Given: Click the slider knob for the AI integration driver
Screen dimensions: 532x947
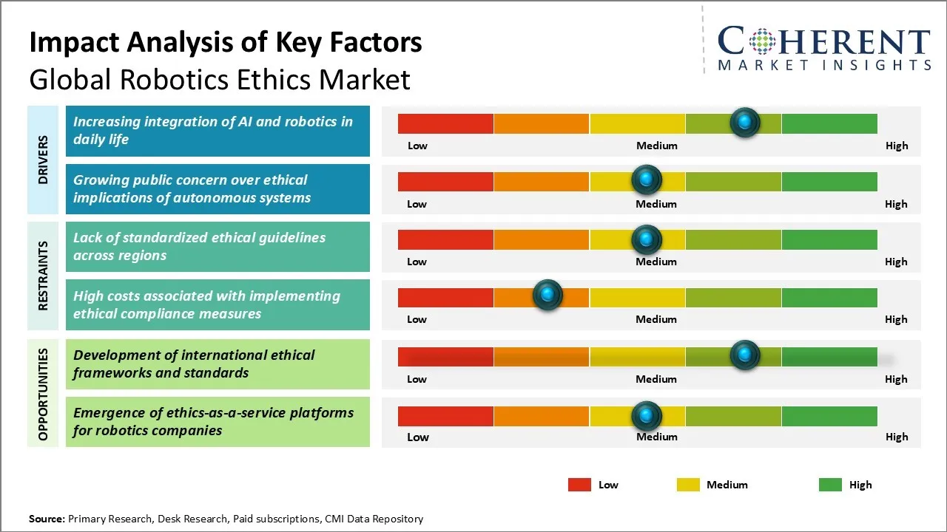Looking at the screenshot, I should pyautogui.click(x=745, y=123).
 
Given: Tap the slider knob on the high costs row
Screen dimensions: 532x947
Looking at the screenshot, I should pyautogui.click(x=547, y=296).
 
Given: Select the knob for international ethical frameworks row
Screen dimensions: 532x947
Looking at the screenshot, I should pyautogui.click(x=745, y=355).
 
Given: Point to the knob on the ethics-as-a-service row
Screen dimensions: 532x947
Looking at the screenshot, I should pyautogui.click(x=647, y=416).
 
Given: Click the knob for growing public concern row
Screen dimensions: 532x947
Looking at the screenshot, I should pyautogui.click(x=647, y=180).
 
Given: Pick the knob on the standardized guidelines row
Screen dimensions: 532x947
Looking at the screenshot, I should pyautogui.click(x=647, y=239).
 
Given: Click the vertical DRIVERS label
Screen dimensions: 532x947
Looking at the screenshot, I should pyautogui.click(x=43, y=160).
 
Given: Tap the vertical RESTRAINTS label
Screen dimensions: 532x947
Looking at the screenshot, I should pyautogui.click(x=43, y=276).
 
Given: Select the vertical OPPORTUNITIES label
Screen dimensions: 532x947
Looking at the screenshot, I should pyautogui.click(x=43, y=394).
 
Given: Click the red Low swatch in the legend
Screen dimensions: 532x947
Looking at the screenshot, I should pyautogui.click(x=579, y=485).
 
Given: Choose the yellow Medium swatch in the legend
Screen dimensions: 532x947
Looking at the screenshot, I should pyautogui.click(x=688, y=485).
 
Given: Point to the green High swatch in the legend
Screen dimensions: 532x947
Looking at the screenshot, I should pyautogui.click(x=830, y=485).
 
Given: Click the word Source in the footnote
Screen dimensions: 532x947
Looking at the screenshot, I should pyautogui.click(x=47, y=519).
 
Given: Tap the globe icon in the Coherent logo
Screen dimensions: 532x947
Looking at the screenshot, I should pyautogui.click(x=761, y=41).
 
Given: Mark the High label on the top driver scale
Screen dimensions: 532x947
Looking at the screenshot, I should pyautogui.click(x=897, y=146).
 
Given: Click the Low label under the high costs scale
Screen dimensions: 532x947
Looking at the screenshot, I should pyautogui.click(x=417, y=319).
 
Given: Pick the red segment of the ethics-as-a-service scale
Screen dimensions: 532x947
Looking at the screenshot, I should pyautogui.click(x=445, y=416).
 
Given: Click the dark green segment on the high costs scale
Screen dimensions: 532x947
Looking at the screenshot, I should pyautogui.click(x=829, y=297).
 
